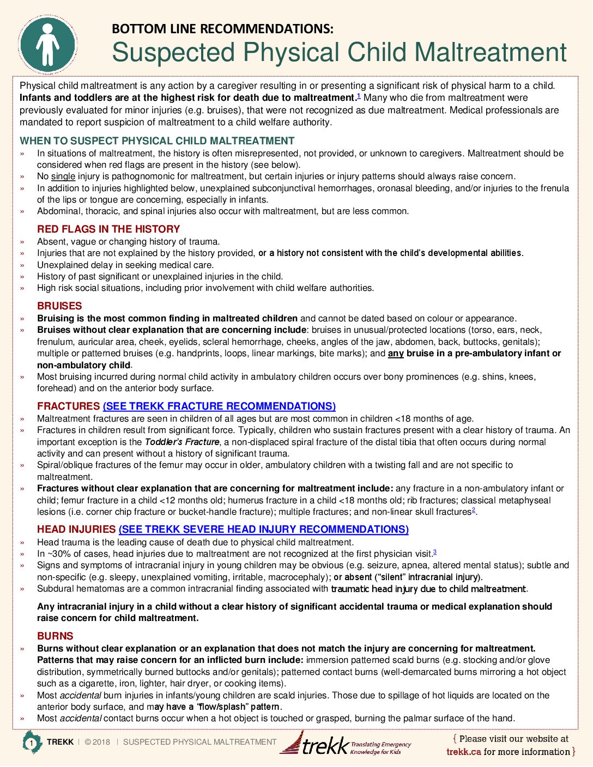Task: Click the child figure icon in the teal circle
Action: click(48, 45)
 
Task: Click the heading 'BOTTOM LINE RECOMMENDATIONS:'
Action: click(222, 29)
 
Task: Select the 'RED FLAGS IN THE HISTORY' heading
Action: click(108, 229)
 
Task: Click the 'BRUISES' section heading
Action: click(59, 306)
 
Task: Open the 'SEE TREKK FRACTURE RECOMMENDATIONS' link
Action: click(219, 406)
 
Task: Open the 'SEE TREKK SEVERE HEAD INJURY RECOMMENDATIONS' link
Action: click(263, 529)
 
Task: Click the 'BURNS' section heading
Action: click(55, 636)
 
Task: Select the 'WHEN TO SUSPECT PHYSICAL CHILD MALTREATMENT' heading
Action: click(157, 141)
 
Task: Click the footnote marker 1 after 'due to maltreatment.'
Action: click(359, 96)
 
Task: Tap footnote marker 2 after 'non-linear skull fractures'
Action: click(474, 510)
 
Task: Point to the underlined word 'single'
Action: click(63, 176)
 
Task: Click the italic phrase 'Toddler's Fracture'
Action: click(182, 442)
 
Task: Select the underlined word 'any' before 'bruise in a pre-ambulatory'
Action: click(396, 354)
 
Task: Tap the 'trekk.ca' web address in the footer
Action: click(463, 752)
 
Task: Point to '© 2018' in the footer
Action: click(98, 742)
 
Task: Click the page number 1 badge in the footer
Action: click(32, 743)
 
